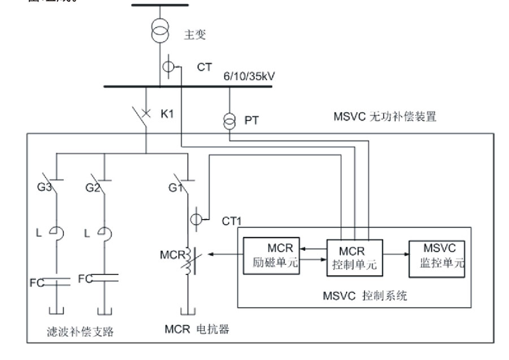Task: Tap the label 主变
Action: (x=195, y=35)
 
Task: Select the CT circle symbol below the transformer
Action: (x=169, y=67)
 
